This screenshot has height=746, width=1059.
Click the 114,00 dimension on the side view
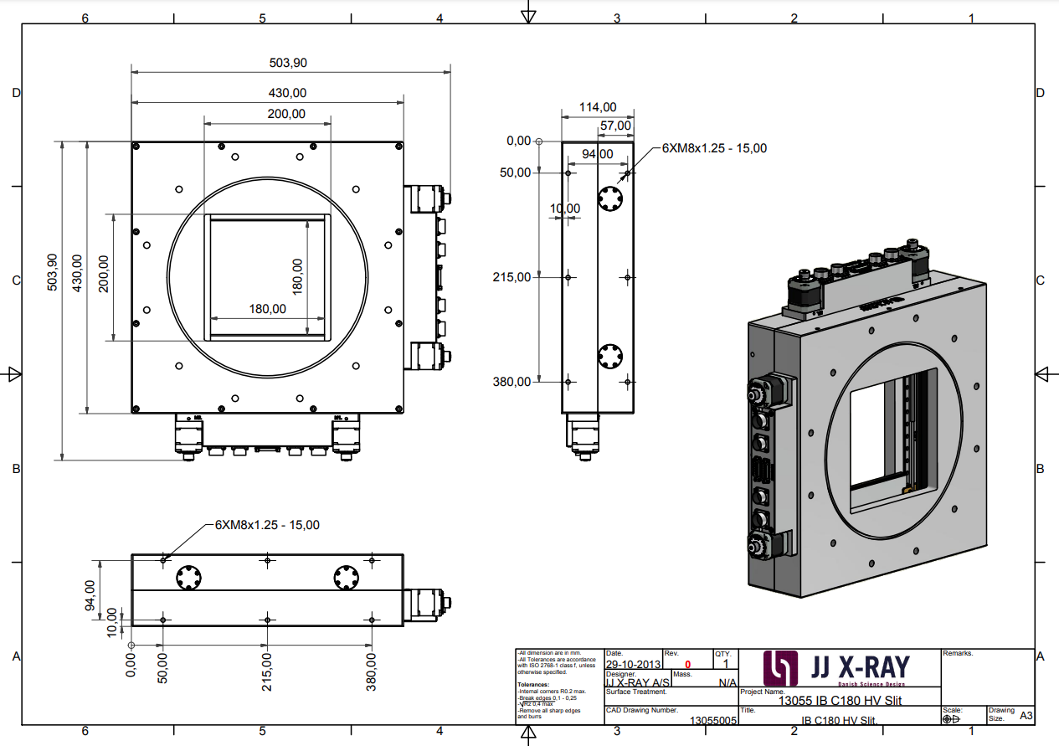[598, 107]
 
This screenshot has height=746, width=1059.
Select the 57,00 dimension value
[615, 126]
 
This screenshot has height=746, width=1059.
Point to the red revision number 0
[688, 664]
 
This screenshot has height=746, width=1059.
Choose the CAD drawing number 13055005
[712, 719]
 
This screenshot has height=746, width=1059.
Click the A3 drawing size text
[1026, 716]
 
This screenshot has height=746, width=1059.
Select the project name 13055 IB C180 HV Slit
[840, 702]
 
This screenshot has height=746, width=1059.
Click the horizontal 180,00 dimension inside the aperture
[268, 309]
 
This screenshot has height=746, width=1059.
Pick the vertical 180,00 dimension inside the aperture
[297, 276]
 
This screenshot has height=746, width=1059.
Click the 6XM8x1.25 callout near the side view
[714, 148]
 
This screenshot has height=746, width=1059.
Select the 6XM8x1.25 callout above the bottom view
[267, 525]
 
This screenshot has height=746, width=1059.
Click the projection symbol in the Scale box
[951, 718]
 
